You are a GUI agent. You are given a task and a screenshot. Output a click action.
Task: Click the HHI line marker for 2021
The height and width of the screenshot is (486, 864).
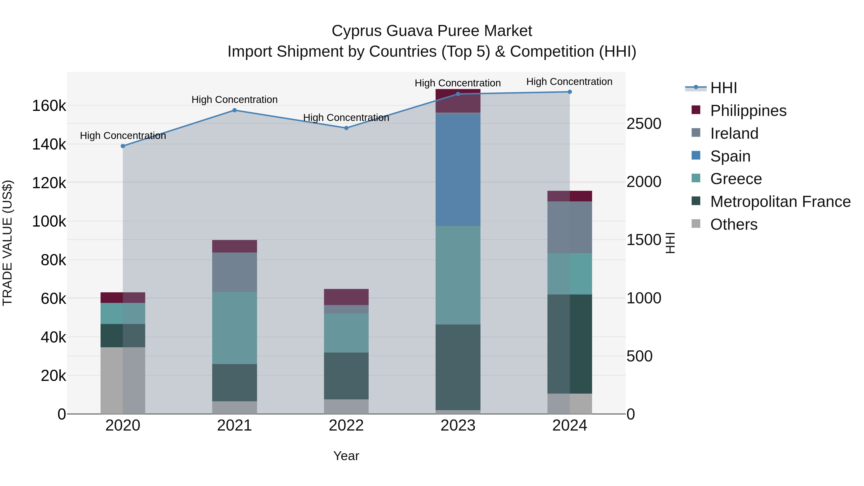point(234,110)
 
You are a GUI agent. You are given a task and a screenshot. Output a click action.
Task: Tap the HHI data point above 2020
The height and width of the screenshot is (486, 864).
point(123,146)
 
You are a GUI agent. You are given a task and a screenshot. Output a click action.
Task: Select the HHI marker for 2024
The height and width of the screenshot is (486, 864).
point(570,92)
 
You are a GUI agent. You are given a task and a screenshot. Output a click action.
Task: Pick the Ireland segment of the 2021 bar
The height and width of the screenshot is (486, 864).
point(234,272)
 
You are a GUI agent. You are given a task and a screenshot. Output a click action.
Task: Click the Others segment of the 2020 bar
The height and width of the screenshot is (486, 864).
point(123,380)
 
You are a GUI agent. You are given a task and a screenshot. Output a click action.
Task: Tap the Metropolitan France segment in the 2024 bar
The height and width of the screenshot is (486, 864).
point(570,344)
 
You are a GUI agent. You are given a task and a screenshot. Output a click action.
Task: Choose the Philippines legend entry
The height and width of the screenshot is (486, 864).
point(748,111)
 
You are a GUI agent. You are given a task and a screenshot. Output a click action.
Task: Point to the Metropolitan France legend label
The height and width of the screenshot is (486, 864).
point(780,202)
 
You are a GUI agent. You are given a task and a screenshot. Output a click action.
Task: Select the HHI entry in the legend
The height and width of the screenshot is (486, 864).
point(723,88)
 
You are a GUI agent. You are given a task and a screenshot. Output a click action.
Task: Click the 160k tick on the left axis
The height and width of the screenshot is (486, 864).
point(49,106)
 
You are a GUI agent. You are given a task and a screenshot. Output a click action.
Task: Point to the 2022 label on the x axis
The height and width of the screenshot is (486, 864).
point(346,426)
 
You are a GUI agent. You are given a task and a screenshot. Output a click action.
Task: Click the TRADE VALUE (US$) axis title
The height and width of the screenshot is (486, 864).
point(7,243)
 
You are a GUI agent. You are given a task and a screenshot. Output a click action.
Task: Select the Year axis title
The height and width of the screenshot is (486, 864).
point(346,456)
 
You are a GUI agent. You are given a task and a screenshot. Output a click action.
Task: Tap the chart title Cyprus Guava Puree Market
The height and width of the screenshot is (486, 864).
point(432,31)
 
